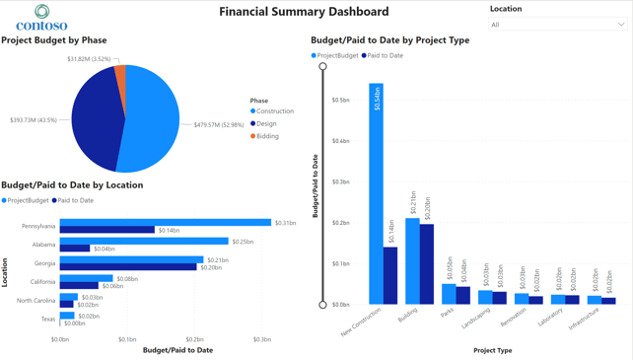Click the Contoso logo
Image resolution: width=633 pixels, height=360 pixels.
[x=41, y=17]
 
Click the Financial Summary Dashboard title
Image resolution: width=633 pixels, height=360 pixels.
[x=304, y=12]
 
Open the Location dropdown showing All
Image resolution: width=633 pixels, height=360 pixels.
[x=558, y=25]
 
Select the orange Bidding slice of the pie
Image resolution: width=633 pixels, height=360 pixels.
[x=121, y=75]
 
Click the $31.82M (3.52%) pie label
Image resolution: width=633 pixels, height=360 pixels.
[x=89, y=59]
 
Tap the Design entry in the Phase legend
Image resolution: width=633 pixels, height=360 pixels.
[x=266, y=124]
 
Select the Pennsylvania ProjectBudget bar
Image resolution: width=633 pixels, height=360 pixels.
[x=166, y=223]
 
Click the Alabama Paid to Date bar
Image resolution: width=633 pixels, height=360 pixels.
[x=75, y=249]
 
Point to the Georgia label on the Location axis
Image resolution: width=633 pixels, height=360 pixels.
[x=44, y=263]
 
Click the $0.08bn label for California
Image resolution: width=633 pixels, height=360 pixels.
[x=126, y=279]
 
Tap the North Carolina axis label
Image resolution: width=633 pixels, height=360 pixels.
[x=35, y=300]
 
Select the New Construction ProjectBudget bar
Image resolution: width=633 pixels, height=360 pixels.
[x=376, y=193]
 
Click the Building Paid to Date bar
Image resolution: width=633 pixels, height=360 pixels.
[x=427, y=264]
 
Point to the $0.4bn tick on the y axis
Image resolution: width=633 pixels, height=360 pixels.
[x=340, y=141]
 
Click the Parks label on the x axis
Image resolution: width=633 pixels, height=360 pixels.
[x=448, y=314]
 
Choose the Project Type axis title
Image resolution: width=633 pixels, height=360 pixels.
[x=492, y=350]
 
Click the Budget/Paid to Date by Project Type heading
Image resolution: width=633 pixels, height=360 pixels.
[x=389, y=40]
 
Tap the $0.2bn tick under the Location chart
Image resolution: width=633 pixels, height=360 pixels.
[x=194, y=339]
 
